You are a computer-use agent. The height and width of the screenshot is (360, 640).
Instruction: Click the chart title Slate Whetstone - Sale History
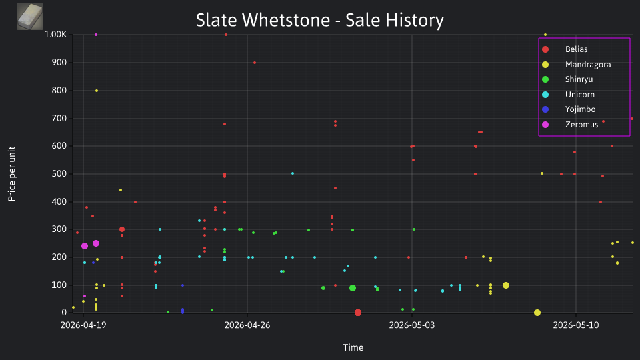[319, 20]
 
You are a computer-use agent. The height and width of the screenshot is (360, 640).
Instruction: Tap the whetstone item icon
[30, 16]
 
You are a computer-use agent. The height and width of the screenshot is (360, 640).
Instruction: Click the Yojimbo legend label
[580, 109]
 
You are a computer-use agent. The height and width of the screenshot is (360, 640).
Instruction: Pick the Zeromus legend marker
[545, 125]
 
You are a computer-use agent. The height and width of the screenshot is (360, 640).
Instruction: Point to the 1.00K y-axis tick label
[55, 34]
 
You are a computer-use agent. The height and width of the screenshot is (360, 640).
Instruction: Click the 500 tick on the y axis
[59, 174]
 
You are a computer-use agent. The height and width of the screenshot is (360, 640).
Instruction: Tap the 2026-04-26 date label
[247, 325]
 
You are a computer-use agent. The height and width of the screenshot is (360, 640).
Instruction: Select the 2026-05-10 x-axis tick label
[576, 325]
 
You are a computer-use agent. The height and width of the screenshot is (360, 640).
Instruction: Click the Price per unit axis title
[12, 174]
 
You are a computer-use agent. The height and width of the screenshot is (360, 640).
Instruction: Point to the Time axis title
[353, 347]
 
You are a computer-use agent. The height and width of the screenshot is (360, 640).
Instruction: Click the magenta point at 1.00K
[96, 35]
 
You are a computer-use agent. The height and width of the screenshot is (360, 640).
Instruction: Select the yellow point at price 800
[97, 91]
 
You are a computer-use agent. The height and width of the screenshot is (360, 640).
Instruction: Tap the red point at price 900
[255, 63]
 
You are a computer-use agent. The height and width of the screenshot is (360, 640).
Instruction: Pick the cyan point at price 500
[293, 173]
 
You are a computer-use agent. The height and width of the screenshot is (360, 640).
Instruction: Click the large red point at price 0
[358, 313]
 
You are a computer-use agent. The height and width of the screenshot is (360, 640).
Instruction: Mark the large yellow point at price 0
[537, 313]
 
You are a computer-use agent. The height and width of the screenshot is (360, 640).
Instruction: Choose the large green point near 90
[353, 288]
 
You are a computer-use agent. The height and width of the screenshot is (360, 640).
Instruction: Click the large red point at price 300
[121, 229]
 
